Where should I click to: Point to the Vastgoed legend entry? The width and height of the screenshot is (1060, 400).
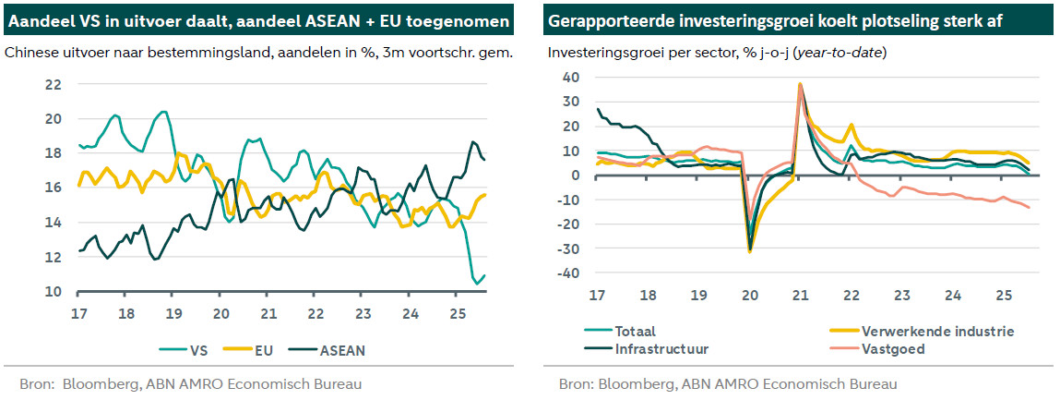click(x=894, y=349)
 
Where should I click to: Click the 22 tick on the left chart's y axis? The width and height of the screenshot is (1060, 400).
click(x=54, y=85)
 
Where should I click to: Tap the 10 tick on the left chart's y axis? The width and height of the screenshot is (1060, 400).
click(x=54, y=292)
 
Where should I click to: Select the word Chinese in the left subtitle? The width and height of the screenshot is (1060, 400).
click(x=32, y=53)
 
